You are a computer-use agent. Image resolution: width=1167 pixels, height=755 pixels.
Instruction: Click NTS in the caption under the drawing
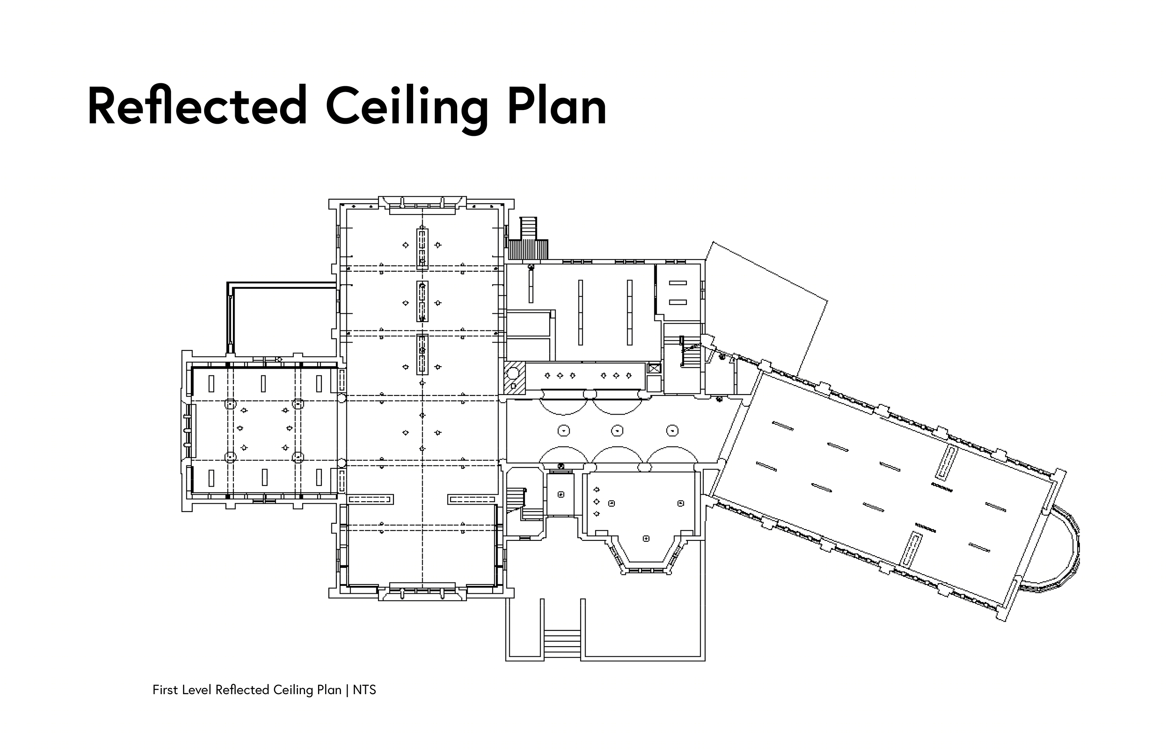(x=364, y=690)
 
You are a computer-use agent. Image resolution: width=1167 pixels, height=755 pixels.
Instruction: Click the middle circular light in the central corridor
(x=617, y=431)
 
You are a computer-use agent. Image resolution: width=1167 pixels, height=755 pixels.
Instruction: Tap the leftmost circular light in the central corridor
(x=564, y=431)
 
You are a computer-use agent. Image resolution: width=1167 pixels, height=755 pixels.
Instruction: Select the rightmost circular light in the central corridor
(x=672, y=431)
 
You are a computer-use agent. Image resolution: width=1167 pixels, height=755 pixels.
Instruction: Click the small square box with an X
(x=654, y=368)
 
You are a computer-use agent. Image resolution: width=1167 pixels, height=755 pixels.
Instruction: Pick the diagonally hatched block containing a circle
(x=514, y=378)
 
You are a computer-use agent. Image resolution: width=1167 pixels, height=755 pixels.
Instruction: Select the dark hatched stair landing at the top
(x=528, y=249)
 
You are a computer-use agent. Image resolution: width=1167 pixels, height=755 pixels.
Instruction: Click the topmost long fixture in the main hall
(x=422, y=249)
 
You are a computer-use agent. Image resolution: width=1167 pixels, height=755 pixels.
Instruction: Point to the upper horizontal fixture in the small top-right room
(x=678, y=283)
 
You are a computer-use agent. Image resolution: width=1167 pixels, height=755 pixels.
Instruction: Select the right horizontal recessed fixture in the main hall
(x=472, y=500)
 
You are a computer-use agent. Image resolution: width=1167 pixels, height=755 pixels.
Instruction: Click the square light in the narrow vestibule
(x=561, y=494)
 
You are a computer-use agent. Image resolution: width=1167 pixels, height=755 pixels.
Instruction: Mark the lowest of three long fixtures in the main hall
(x=422, y=355)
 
